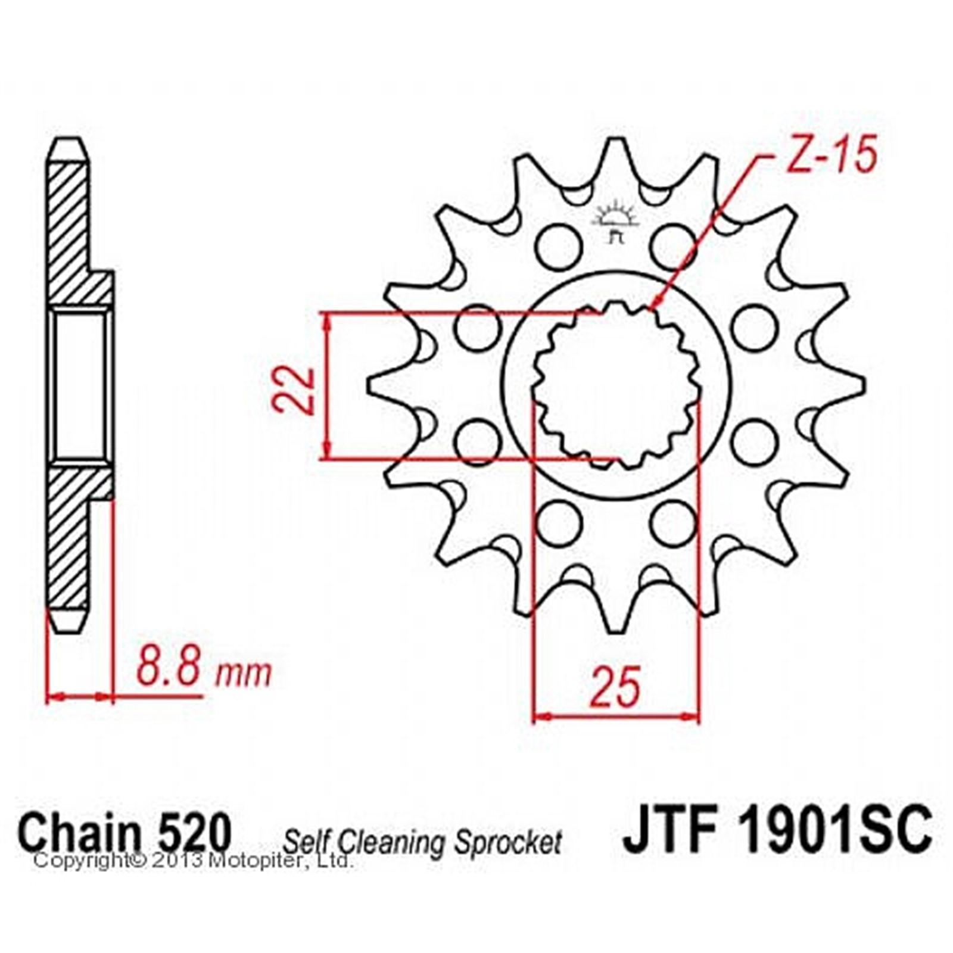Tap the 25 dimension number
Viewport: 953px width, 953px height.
(x=615, y=686)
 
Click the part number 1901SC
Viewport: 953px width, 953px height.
(x=834, y=828)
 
